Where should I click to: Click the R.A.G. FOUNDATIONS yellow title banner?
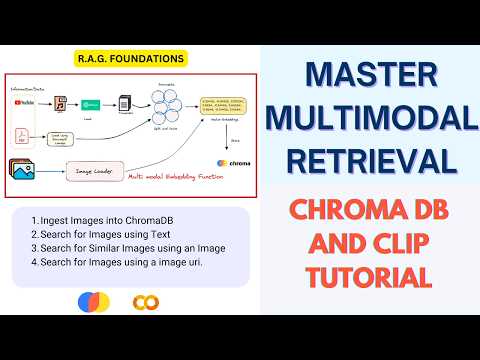tap(130, 59)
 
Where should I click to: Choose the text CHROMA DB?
tap(369, 208)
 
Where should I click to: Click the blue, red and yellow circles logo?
tap(91, 302)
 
